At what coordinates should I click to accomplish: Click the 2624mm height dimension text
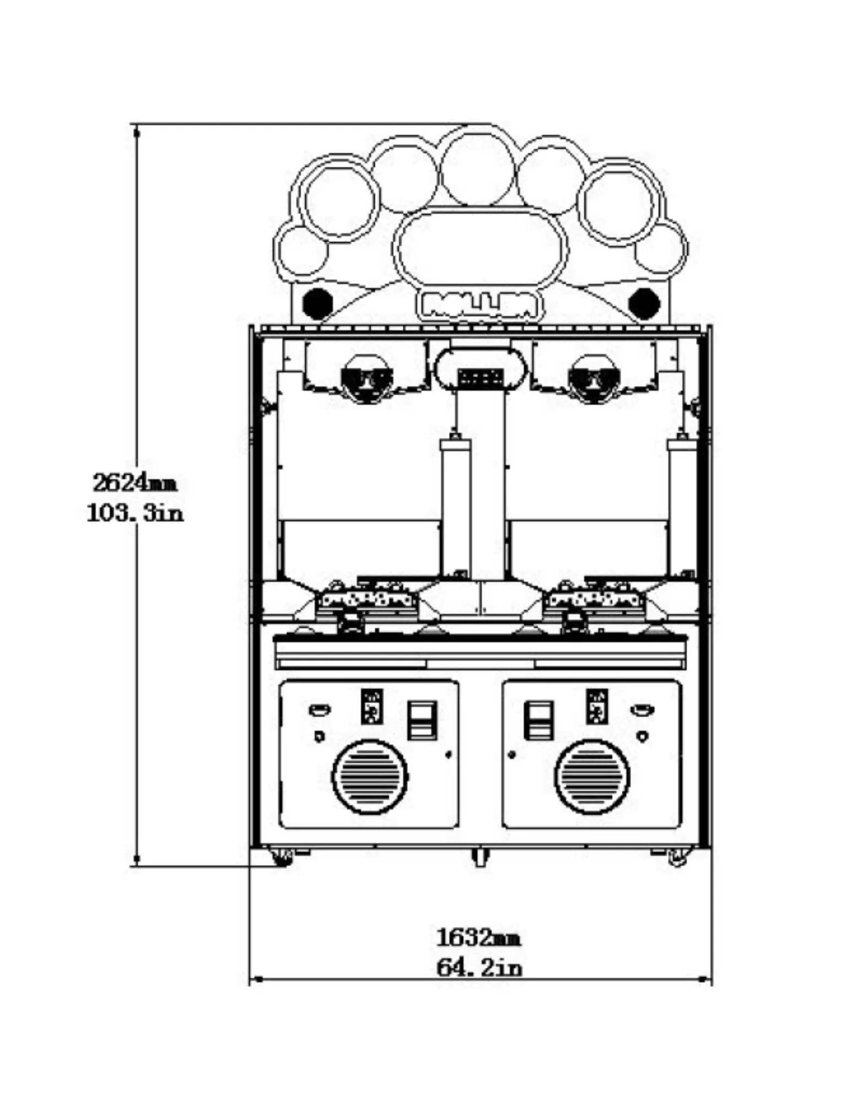point(135,483)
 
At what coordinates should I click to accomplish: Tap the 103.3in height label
point(135,514)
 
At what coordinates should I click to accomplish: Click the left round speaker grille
point(370,777)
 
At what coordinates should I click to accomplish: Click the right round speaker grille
point(592,777)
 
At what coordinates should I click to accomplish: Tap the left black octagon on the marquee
point(317,302)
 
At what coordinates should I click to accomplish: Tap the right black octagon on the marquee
point(644,302)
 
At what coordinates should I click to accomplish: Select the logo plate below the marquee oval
point(480,305)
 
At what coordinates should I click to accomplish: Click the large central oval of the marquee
point(480,249)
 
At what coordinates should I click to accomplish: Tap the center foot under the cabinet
point(480,857)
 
